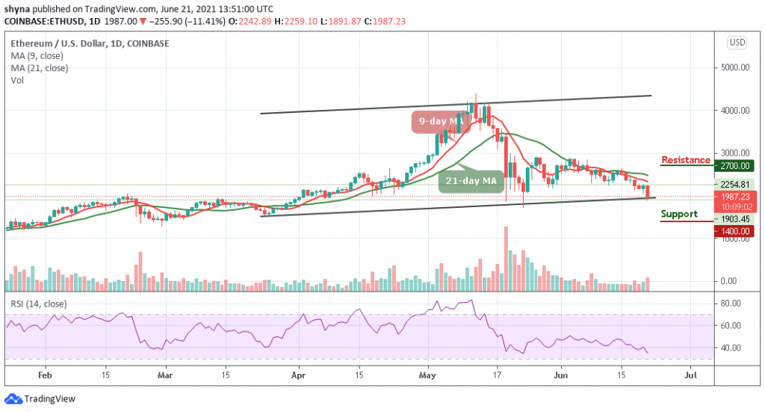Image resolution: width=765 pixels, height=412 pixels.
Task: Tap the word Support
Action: (679, 214)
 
